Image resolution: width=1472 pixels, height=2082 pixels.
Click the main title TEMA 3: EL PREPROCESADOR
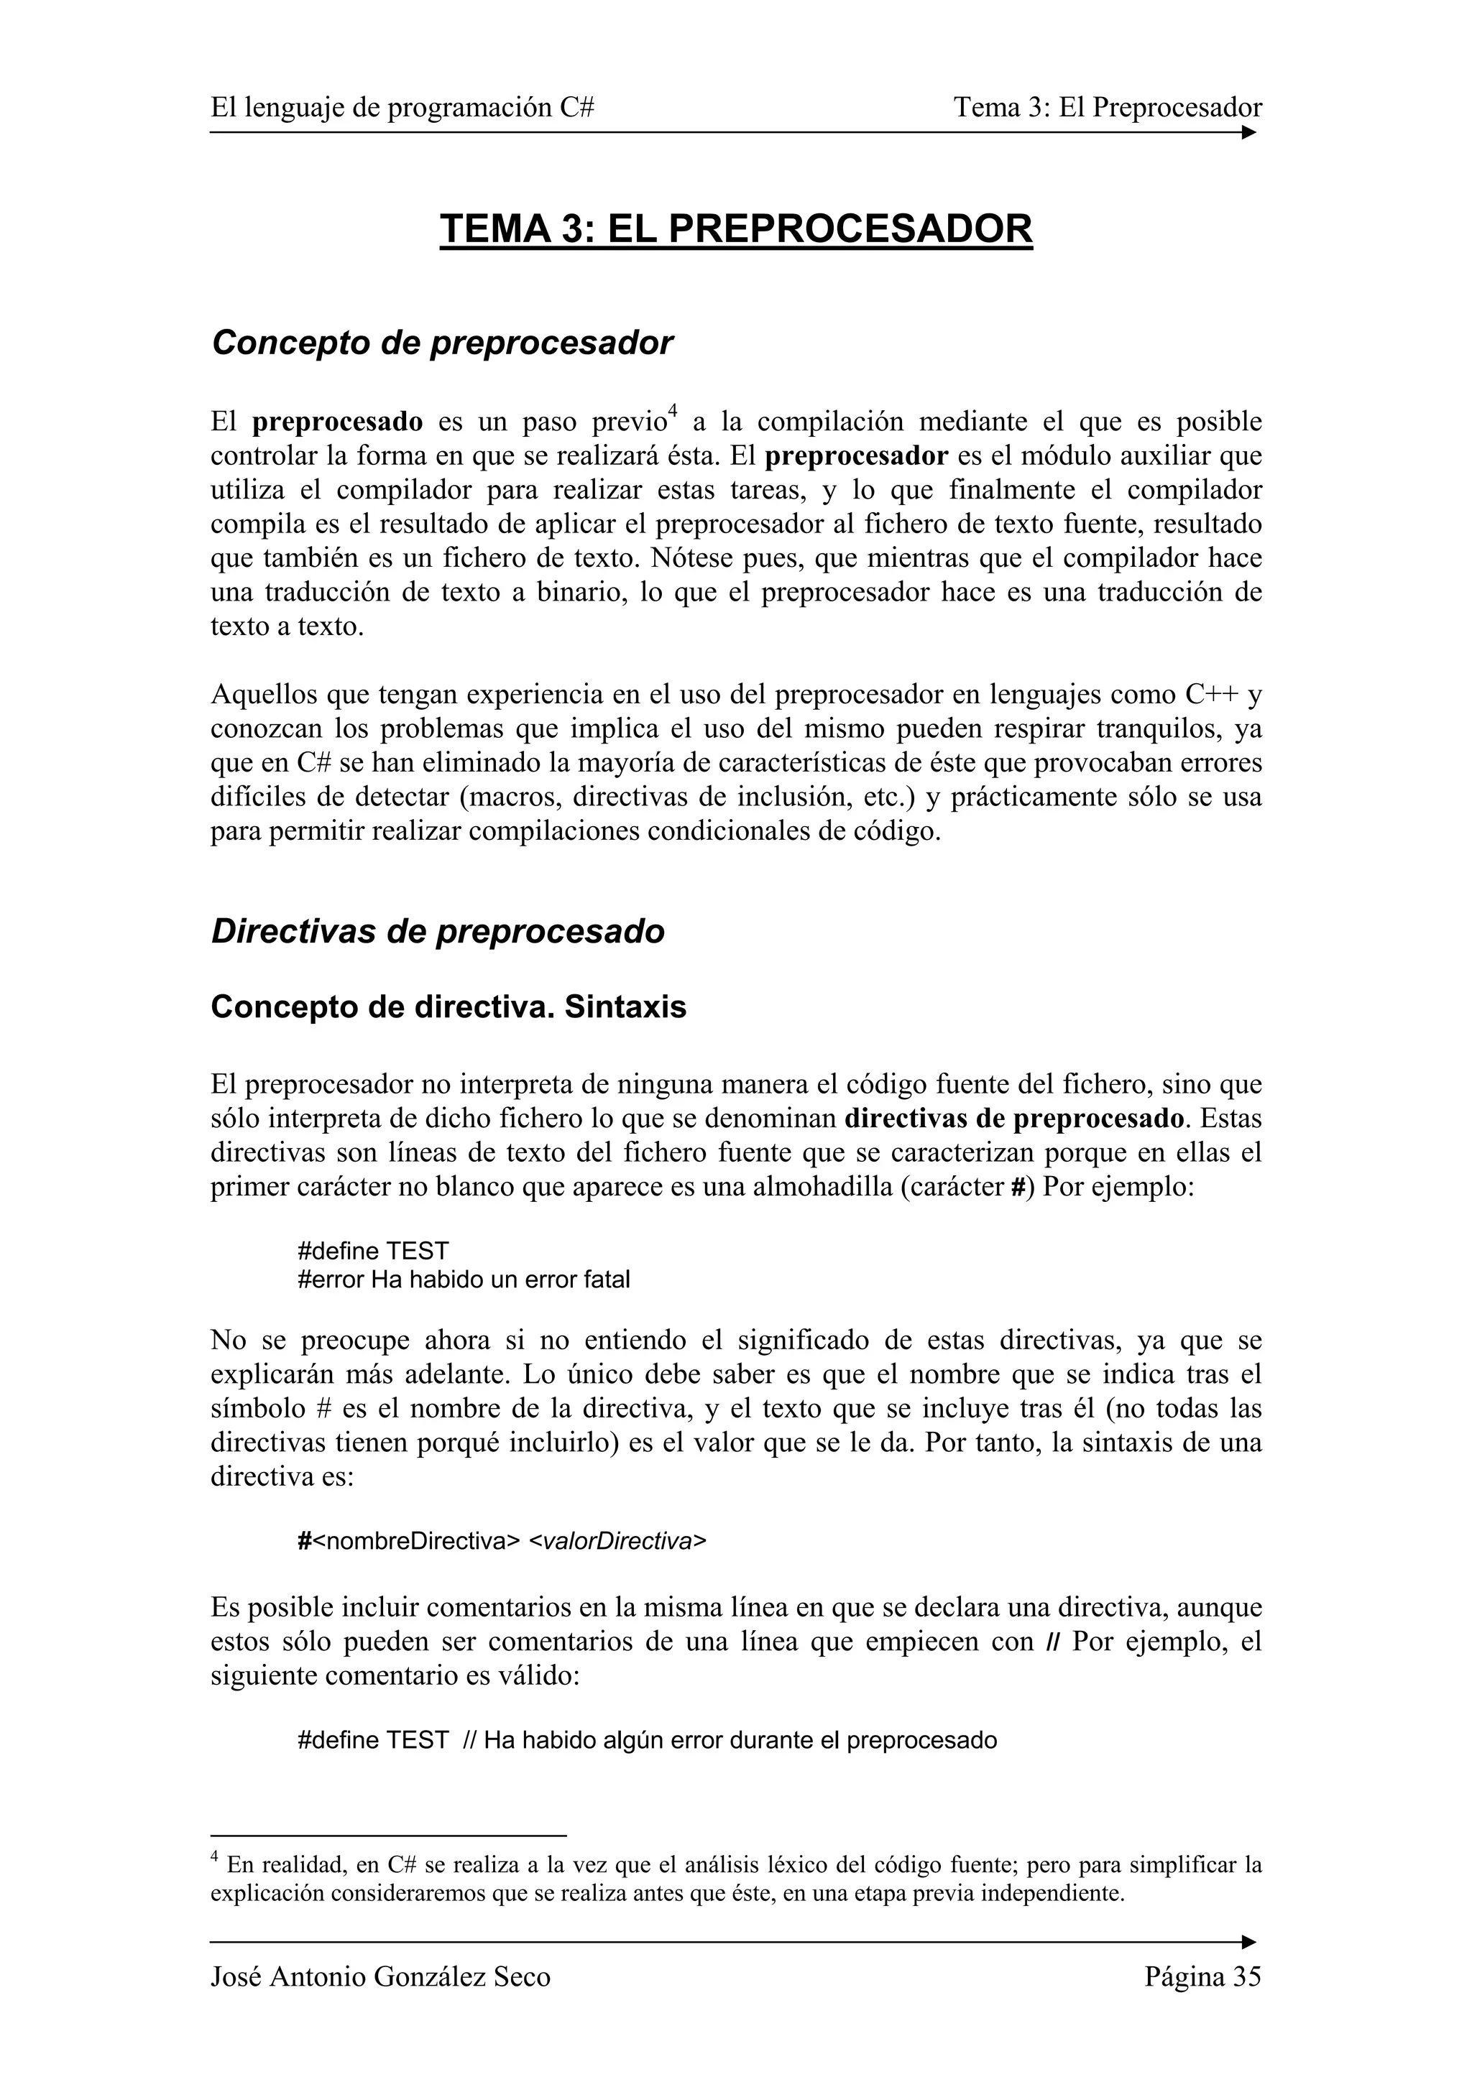click(x=735, y=228)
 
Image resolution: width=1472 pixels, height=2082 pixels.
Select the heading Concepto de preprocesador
click(x=442, y=343)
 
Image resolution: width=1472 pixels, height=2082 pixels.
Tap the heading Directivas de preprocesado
click(x=437, y=931)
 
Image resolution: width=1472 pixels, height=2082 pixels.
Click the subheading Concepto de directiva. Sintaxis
click(x=448, y=1007)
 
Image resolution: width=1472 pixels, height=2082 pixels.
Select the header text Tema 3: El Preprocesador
click(x=1108, y=108)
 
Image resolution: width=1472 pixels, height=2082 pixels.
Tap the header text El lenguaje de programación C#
click(x=402, y=108)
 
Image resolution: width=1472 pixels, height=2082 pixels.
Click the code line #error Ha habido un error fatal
click(x=464, y=1280)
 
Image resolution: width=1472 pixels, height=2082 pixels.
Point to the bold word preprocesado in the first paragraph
click(x=337, y=422)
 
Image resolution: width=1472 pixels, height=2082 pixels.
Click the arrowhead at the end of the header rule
click(x=1249, y=132)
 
